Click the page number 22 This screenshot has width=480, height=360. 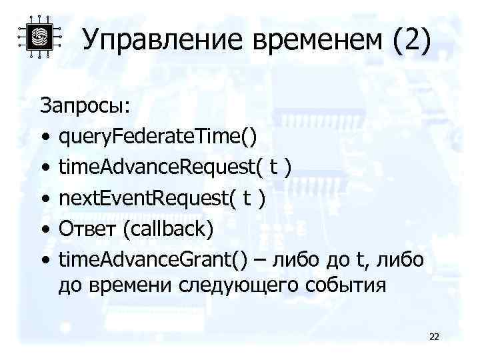pos(434,337)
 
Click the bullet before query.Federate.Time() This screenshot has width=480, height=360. pos(45,137)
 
